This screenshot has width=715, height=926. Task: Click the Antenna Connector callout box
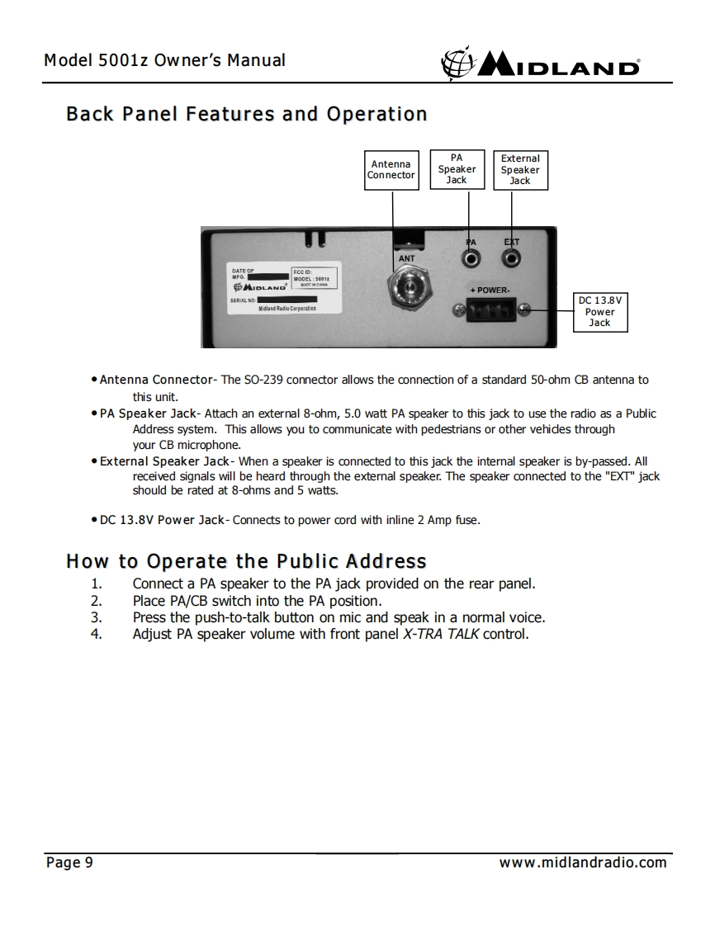pyautogui.click(x=391, y=169)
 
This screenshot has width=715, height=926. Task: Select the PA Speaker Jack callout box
pyautogui.click(x=457, y=168)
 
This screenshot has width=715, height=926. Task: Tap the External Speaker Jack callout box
pyautogui.click(x=520, y=169)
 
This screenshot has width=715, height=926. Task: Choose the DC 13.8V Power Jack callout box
pyautogui.click(x=600, y=311)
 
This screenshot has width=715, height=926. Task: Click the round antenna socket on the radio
pyautogui.click(x=407, y=290)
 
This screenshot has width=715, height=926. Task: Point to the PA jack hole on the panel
pyautogui.click(x=471, y=258)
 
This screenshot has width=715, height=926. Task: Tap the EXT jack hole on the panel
pyautogui.click(x=512, y=258)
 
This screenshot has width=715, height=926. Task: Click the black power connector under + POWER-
pyautogui.click(x=490, y=311)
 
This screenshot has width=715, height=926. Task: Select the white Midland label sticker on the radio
pyautogui.click(x=282, y=289)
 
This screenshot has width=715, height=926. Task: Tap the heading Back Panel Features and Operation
pyautogui.click(x=246, y=114)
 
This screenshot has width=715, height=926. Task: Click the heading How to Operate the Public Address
pyautogui.click(x=246, y=562)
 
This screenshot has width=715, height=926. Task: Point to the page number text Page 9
pyautogui.click(x=69, y=863)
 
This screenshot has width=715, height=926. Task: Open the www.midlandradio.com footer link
pyautogui.click(x=583, y=863)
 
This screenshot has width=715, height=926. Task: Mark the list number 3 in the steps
pyautogui.click(x=97, y=617)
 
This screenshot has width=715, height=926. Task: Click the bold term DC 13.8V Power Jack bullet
pyautogui.click(x=162, y=520)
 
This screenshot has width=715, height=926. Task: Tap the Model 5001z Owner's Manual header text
pyautogui.click(x=164, y=60)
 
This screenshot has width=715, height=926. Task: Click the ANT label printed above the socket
pyautogui.click(x=407, y=258)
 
